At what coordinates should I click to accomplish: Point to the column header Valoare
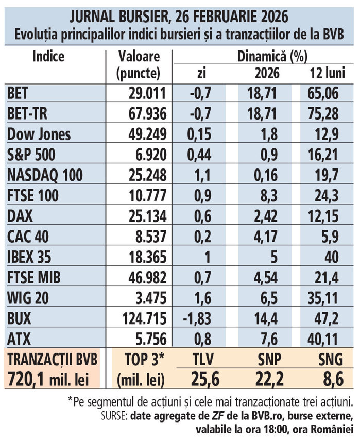[x=139, y=56]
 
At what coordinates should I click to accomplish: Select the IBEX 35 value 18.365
[x=146, y=258]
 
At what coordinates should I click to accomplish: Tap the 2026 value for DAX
[x=267, y=216]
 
